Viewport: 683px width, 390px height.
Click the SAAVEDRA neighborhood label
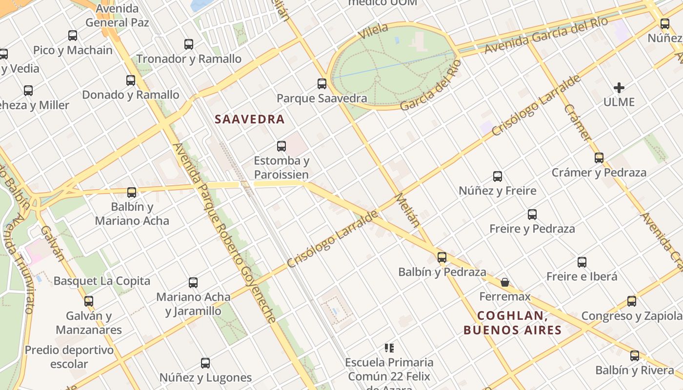click(x=249, y=119)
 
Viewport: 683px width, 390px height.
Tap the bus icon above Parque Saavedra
click(x=322, y=84)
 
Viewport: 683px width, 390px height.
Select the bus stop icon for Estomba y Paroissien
click(x=281, y=146)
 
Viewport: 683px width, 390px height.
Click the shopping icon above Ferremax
click(x=505, y=282)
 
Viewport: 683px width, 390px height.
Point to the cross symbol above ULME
click(x=619, y=88)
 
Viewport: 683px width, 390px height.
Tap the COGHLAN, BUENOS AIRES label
click(x=512, y=323)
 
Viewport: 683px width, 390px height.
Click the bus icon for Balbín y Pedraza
click(x=442, y=257)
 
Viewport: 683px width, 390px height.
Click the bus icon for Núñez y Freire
click(x=498, y=176)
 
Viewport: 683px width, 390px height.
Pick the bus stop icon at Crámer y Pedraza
click(x=599, y=158)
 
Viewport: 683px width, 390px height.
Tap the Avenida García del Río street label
click(x=546, y=36)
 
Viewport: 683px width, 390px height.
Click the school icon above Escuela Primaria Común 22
click(x=389, y=348)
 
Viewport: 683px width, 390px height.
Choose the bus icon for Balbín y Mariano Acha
click(x=132, y=193)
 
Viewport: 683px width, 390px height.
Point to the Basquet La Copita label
click(x=102, y=281)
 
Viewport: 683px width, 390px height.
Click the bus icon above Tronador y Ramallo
click(x=189, y=44)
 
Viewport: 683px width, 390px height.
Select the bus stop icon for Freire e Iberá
click(x=582, y=262)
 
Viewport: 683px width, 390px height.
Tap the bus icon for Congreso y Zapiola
click(x=632, y=301)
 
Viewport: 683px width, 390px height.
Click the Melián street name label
click(x=407, y=210)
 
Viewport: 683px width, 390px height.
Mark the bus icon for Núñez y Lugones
click(x=205, y=363)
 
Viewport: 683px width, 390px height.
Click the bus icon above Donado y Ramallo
click(x=131, y=80)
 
